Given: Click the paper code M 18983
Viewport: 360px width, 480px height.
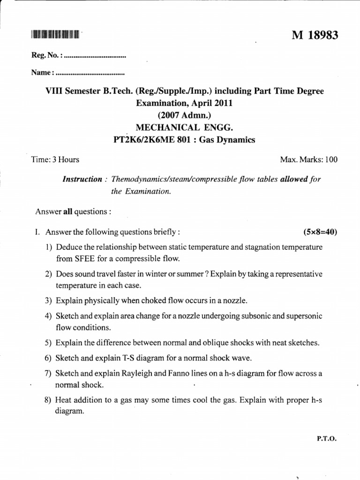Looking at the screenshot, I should tap(315, 36).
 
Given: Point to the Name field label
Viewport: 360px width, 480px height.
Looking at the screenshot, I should tap(42, 73).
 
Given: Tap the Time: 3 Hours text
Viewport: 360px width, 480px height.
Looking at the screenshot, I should tap(55, 160).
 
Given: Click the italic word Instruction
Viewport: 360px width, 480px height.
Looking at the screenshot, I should tap(82, 180).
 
